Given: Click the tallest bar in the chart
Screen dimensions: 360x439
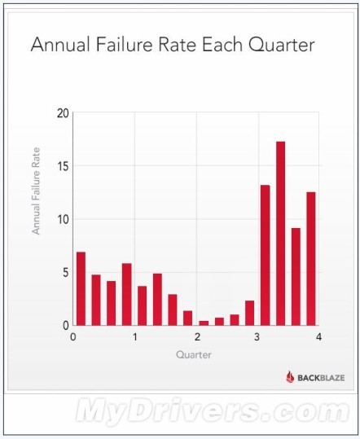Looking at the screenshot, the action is tap(280, 234).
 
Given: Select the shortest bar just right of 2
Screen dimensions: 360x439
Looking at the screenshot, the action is tap(204, 323).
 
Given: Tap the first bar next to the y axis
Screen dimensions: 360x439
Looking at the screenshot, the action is tap(81, 288).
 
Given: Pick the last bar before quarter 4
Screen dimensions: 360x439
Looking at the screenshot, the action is tap(311, 259).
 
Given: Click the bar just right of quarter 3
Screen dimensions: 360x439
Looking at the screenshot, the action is tap(265, 256).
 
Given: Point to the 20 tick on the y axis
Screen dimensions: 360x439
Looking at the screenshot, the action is tap(63, 113).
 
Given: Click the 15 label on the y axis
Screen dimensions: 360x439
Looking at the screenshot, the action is tap(63, 166).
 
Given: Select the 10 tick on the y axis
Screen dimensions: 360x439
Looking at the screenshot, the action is tap(63, 219).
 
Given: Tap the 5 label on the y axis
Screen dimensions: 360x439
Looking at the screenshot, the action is tap(66, 272).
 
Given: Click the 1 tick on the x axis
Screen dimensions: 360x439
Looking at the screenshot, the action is tap(135, 337).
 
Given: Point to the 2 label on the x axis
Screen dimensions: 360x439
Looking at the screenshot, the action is tap(197, 337).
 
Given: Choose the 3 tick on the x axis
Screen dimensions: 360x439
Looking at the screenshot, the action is tap(257, 337).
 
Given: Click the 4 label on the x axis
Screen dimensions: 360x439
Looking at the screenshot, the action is tap(318, 337).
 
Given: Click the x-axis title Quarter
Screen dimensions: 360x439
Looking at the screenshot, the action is tap(193, 355).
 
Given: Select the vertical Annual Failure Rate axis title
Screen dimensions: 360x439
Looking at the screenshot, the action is tap(36, 191).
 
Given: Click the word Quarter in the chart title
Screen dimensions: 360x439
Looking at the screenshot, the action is tap(282, 45).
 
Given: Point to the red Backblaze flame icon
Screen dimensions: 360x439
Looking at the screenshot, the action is tap(290, 377).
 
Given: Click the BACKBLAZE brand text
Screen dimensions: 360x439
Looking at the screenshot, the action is tap(321, 378).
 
